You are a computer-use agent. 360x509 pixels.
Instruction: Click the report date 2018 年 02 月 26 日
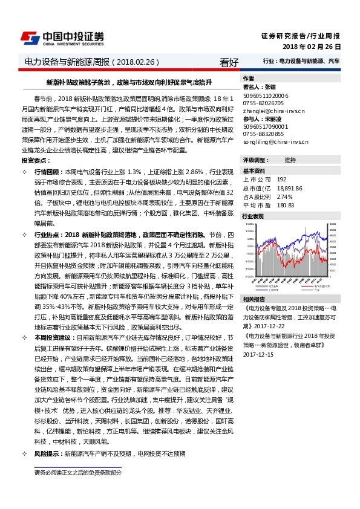pos(312,47)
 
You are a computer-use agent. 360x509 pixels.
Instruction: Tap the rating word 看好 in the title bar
pos(229,62)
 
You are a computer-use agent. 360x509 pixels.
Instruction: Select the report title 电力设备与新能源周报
pos(67,62)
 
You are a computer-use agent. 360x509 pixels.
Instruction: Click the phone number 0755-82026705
pos(263,103)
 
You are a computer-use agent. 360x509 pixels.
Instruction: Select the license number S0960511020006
pos(266,96)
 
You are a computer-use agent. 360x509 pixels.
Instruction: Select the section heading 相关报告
pos(254,299)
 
